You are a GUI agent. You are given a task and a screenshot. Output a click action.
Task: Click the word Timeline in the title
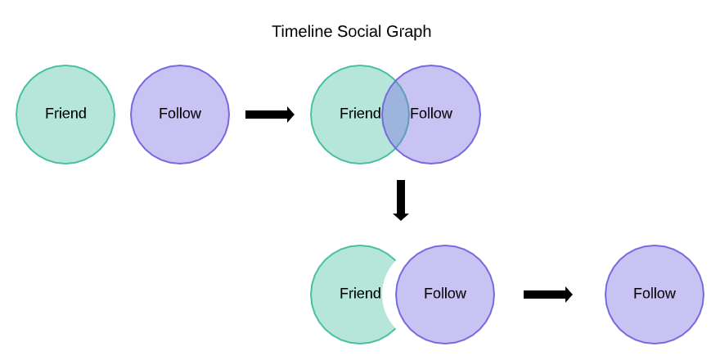[x=302, y=32]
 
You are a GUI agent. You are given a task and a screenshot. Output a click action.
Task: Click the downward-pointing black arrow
[x=401, y=200]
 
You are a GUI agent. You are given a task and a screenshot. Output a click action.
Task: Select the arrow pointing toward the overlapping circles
[x=270, y=115]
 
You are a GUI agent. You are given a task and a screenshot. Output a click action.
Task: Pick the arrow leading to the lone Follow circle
[x=548, y=295]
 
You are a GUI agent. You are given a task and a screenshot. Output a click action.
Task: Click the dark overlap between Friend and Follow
[x=395, y=115]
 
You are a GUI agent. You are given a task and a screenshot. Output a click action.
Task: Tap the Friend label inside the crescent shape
[x=360, y=294]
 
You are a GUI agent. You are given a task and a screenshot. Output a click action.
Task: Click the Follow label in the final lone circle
[x=655, y=294]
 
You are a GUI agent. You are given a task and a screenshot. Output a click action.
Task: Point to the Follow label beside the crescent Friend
[x=445, y=294]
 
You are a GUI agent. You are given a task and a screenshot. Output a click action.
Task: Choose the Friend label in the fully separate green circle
[x=65, y=114]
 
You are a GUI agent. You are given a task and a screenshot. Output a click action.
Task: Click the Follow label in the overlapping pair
[x=431, y=114]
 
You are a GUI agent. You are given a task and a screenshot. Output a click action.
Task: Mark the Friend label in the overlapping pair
[x=360, y=114]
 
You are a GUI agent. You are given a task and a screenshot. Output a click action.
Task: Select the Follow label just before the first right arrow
[x=180, y=114]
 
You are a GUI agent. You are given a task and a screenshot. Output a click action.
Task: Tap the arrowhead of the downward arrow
[x=401, y=216]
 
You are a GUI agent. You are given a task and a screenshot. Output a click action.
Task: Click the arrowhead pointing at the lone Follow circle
[x=569, y=295]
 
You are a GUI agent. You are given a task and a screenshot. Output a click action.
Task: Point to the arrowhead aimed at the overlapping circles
[x=290, y=115]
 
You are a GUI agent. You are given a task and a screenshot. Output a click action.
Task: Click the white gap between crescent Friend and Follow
[x=389, y=295]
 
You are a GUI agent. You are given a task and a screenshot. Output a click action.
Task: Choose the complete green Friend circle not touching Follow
[x=65, y=115]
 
